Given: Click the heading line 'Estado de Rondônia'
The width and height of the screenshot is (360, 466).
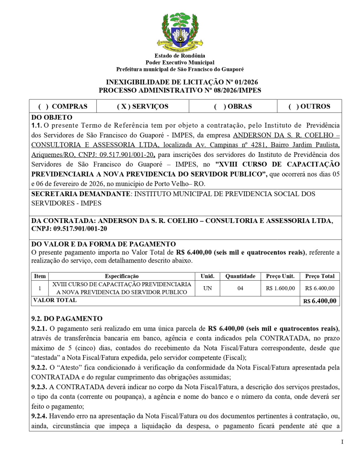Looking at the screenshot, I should point(180,56).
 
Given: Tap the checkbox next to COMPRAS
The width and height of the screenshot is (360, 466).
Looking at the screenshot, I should point(43,106).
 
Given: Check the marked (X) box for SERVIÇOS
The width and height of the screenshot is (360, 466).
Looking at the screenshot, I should point(123,106).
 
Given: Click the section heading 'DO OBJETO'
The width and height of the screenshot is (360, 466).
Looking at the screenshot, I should point(52,117).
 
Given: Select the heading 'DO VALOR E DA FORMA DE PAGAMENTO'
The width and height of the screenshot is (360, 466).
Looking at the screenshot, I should point(103,244).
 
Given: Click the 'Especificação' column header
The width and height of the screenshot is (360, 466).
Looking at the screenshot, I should point(122,276).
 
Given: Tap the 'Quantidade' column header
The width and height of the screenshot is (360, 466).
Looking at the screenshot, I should point(240,276).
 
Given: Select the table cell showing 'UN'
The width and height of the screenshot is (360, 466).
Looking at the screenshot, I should point(208,288).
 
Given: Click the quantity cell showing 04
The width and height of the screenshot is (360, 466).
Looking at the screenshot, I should point(240,288).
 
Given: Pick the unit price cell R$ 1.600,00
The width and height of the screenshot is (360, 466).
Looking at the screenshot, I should point(280,288).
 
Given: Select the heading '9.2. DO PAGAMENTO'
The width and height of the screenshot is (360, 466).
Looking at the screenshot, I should point(67,319).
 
